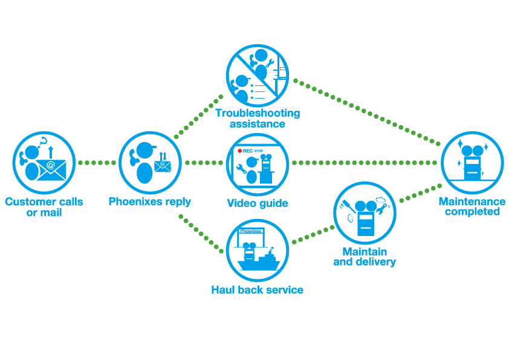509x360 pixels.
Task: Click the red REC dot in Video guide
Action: [240, 151]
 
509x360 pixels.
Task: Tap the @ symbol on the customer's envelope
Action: [51, 165]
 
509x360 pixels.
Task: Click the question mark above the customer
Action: [44, 142]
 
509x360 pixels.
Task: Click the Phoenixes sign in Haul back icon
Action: [251, 231]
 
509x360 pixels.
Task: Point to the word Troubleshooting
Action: [258, 113]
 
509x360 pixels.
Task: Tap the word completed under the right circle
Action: [472, 212]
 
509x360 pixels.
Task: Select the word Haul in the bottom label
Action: [222, 289]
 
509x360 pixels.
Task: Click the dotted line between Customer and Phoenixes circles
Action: [97, 163]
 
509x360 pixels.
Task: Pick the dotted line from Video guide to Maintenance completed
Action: [365, 163]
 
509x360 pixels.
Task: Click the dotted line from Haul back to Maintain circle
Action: [313, 234]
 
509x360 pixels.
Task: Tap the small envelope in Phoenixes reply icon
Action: [162, 166]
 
